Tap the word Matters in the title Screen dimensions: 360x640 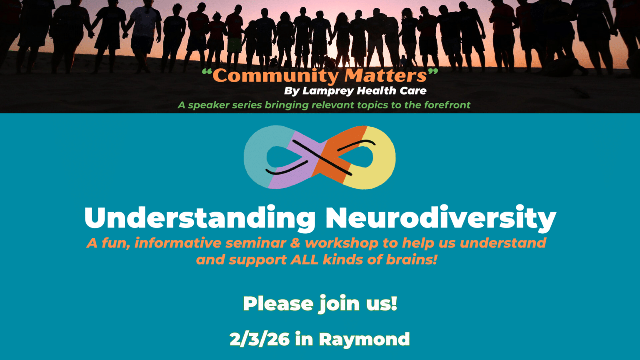(x=386, y=76)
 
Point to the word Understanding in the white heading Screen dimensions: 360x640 (x=200, y=218)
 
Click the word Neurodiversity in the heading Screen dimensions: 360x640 (x=440, y=218)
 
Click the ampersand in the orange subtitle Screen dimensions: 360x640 (x=295, y=243)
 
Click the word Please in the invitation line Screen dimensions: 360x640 (x=278, y=303)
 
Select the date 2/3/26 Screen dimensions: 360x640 (x=259, y=339)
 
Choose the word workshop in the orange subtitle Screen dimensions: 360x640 (x=342, y=243)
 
